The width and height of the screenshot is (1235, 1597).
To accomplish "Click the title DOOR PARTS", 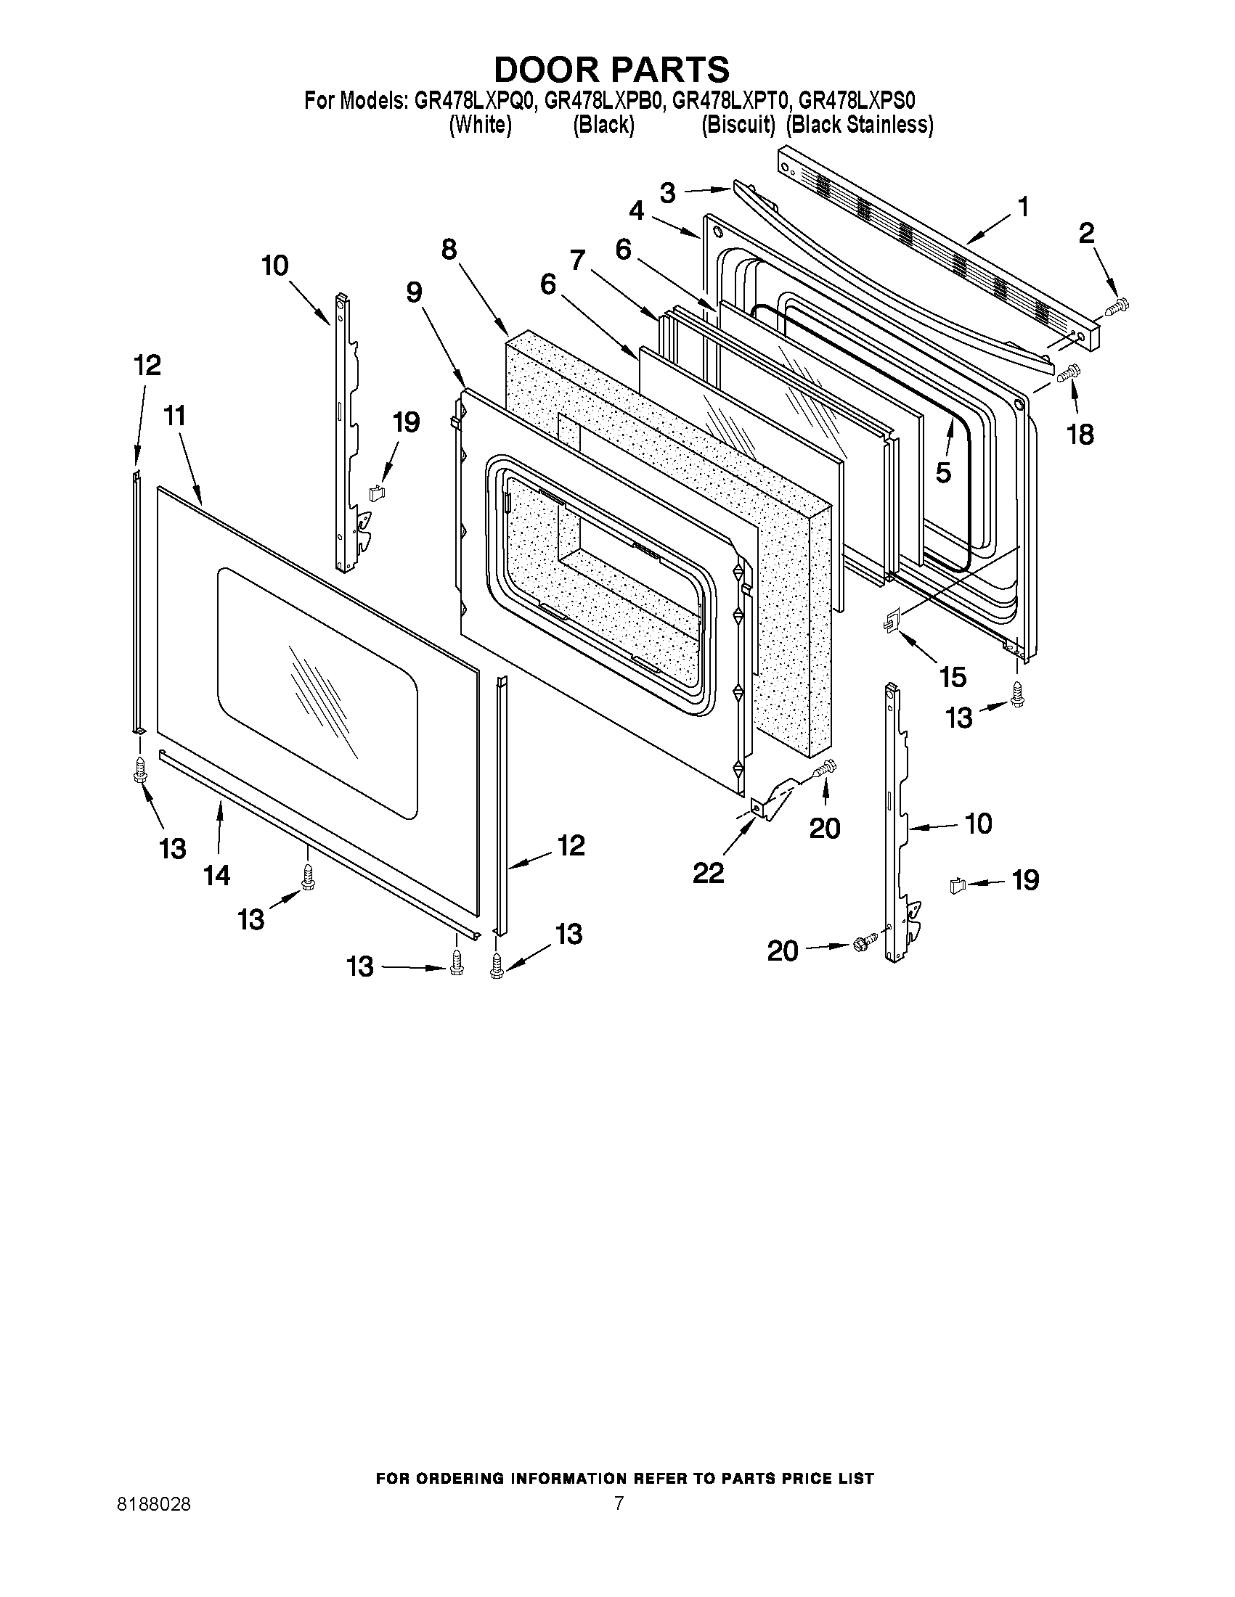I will point(611,70).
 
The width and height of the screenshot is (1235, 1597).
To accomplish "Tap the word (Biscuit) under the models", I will point(738,126).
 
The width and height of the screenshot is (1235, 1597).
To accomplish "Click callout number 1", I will point(1023,207).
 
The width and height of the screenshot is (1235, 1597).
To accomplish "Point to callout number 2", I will point(1086,233).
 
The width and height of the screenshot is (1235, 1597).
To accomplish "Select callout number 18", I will point(1080,435).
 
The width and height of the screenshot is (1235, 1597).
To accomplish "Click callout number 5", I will point(943,473).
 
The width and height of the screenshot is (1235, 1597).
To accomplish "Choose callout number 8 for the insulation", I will point(449,250).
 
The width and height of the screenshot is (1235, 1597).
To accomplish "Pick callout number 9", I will point(414,293).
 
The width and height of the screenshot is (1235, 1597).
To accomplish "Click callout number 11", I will point(174,416).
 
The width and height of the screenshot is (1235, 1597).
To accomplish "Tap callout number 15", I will point(953,677).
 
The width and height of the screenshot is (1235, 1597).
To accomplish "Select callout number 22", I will point(707,872).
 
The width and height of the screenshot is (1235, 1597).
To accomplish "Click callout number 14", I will point(217,874).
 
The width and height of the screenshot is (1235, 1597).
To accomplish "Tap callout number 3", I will point(667,193).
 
